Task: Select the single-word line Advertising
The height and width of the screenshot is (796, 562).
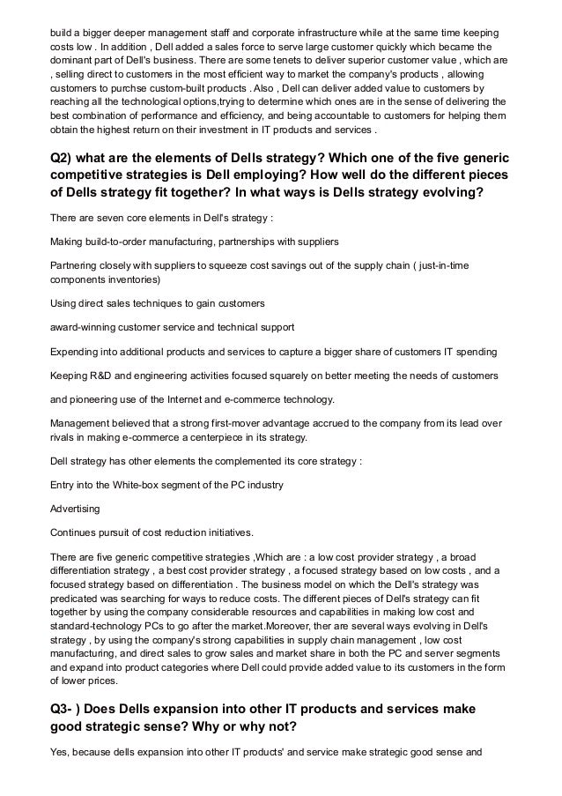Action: pos(75,509)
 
